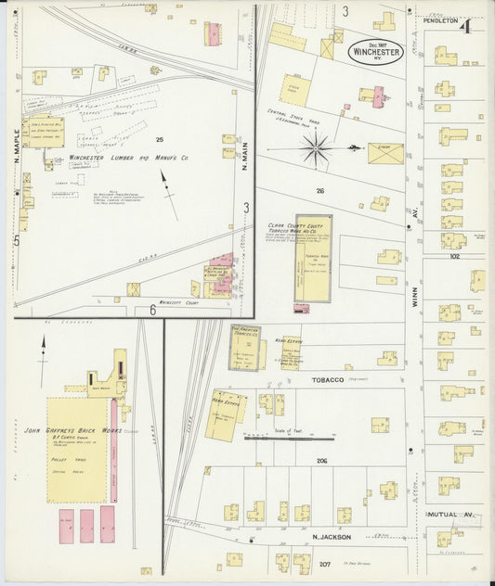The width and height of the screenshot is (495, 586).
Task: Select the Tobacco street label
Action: (x=301, y=380)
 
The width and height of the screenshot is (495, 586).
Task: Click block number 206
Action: (x=321, y=461)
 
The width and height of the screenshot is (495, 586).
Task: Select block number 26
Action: (x=320, y=191)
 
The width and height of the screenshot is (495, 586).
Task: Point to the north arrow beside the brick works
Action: (x=43, y=353)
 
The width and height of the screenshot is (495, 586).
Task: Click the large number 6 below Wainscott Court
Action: (x=151, y=311)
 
